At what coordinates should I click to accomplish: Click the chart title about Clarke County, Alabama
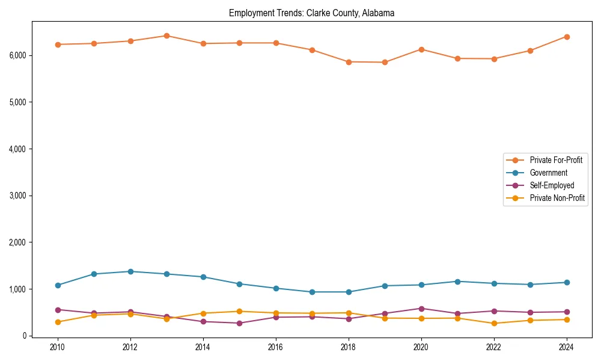click(x=311, y=13)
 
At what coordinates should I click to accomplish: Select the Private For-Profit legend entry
click(x=557, y=160)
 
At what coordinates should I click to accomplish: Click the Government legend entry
click(x=548, y=173)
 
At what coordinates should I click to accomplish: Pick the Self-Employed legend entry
click(x=552, y=185)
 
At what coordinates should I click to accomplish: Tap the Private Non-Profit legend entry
click(x=557, y=198)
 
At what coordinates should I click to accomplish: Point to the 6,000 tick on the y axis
click(x=17, y=55)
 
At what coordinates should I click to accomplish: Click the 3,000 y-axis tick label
click(x=17, y=196)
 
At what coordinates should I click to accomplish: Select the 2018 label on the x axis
click(x=349, y=347)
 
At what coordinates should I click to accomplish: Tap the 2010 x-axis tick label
click(x=58, y=347)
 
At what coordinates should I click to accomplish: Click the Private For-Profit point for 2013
click(x=166, y=35)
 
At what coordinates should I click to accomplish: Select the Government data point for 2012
click(x=130, y=271)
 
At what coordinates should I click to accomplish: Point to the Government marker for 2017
click(x=312, y=292)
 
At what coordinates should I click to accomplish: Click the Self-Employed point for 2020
click(x=421, y=309)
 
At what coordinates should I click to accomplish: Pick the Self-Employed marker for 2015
click(x=239, y=323)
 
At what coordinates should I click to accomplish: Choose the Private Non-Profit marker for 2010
click(x=58, y=322)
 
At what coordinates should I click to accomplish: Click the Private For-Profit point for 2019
click(x=385, y=62)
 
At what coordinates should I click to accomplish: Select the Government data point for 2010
click(x=58, y=285)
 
